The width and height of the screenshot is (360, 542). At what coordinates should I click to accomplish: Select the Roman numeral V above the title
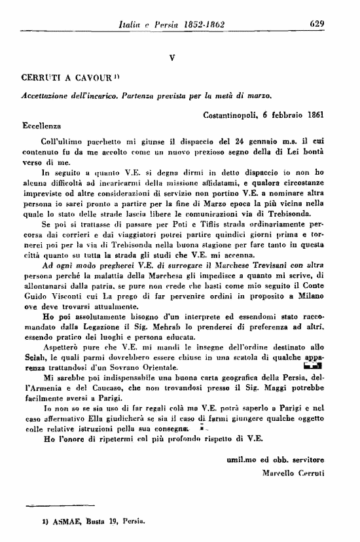coord(171,57)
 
